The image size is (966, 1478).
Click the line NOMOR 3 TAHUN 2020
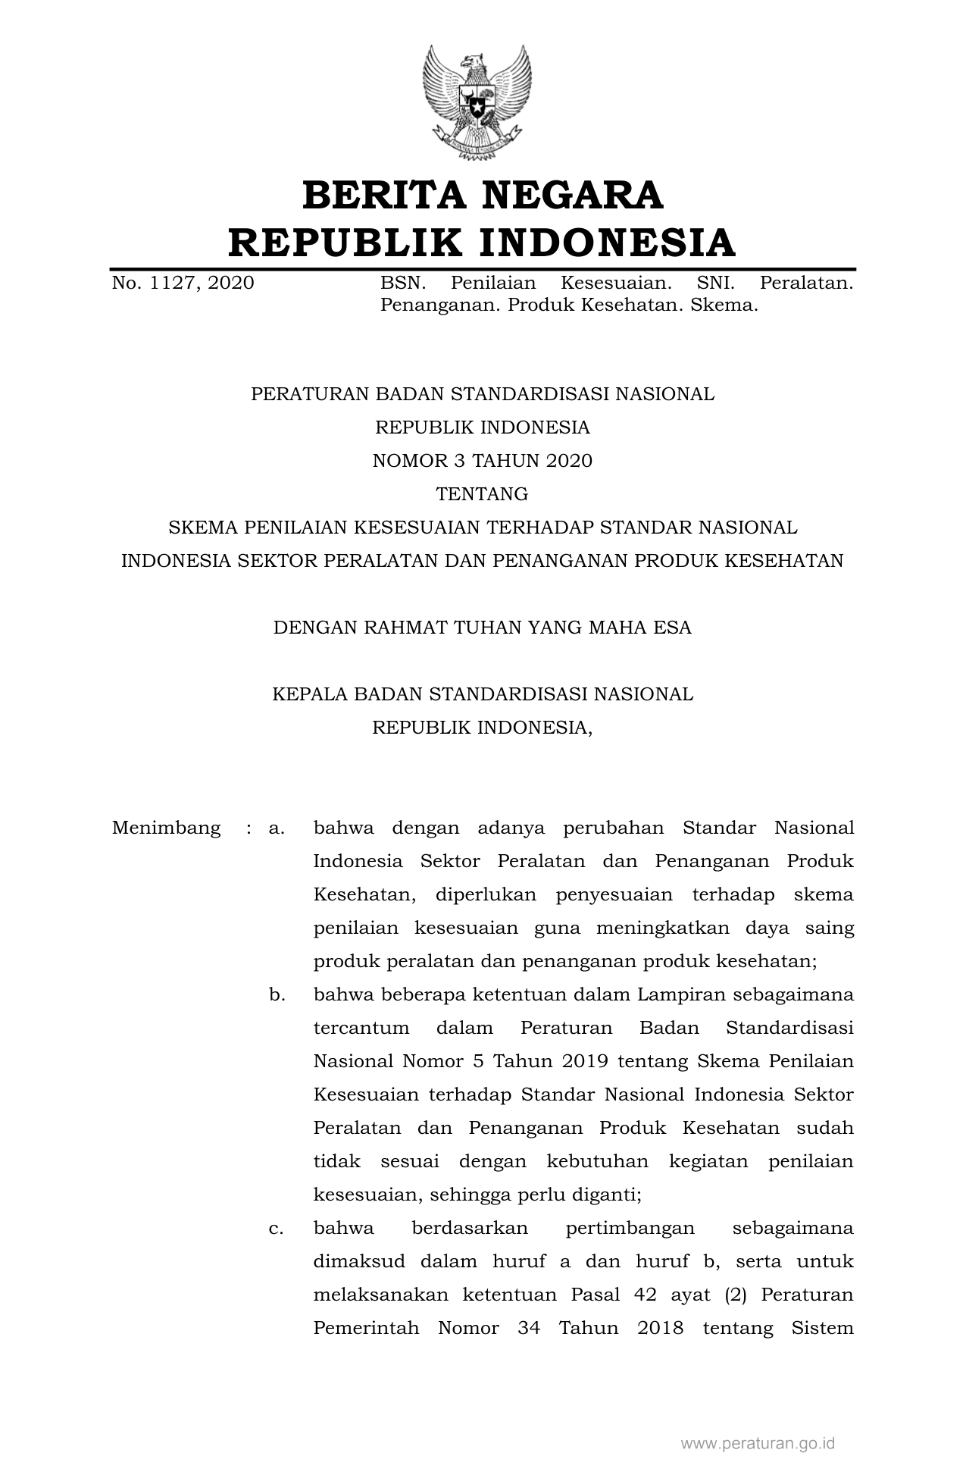[x=482, y=461]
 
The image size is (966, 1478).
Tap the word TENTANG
[x=482, y=494]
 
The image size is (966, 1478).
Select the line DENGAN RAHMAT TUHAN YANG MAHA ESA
[x=482, y=628]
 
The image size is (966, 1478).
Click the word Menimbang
[x=167, y=828]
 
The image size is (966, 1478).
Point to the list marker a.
[x=277, y=828]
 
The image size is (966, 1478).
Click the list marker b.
[x=277, y=994]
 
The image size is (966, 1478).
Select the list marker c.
[x=277, y=1228]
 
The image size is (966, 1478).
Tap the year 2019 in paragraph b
[x=585, y=1061]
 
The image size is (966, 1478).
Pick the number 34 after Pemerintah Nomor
[x=529, y=1328]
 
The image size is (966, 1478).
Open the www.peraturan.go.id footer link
[x=757, y=1443]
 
